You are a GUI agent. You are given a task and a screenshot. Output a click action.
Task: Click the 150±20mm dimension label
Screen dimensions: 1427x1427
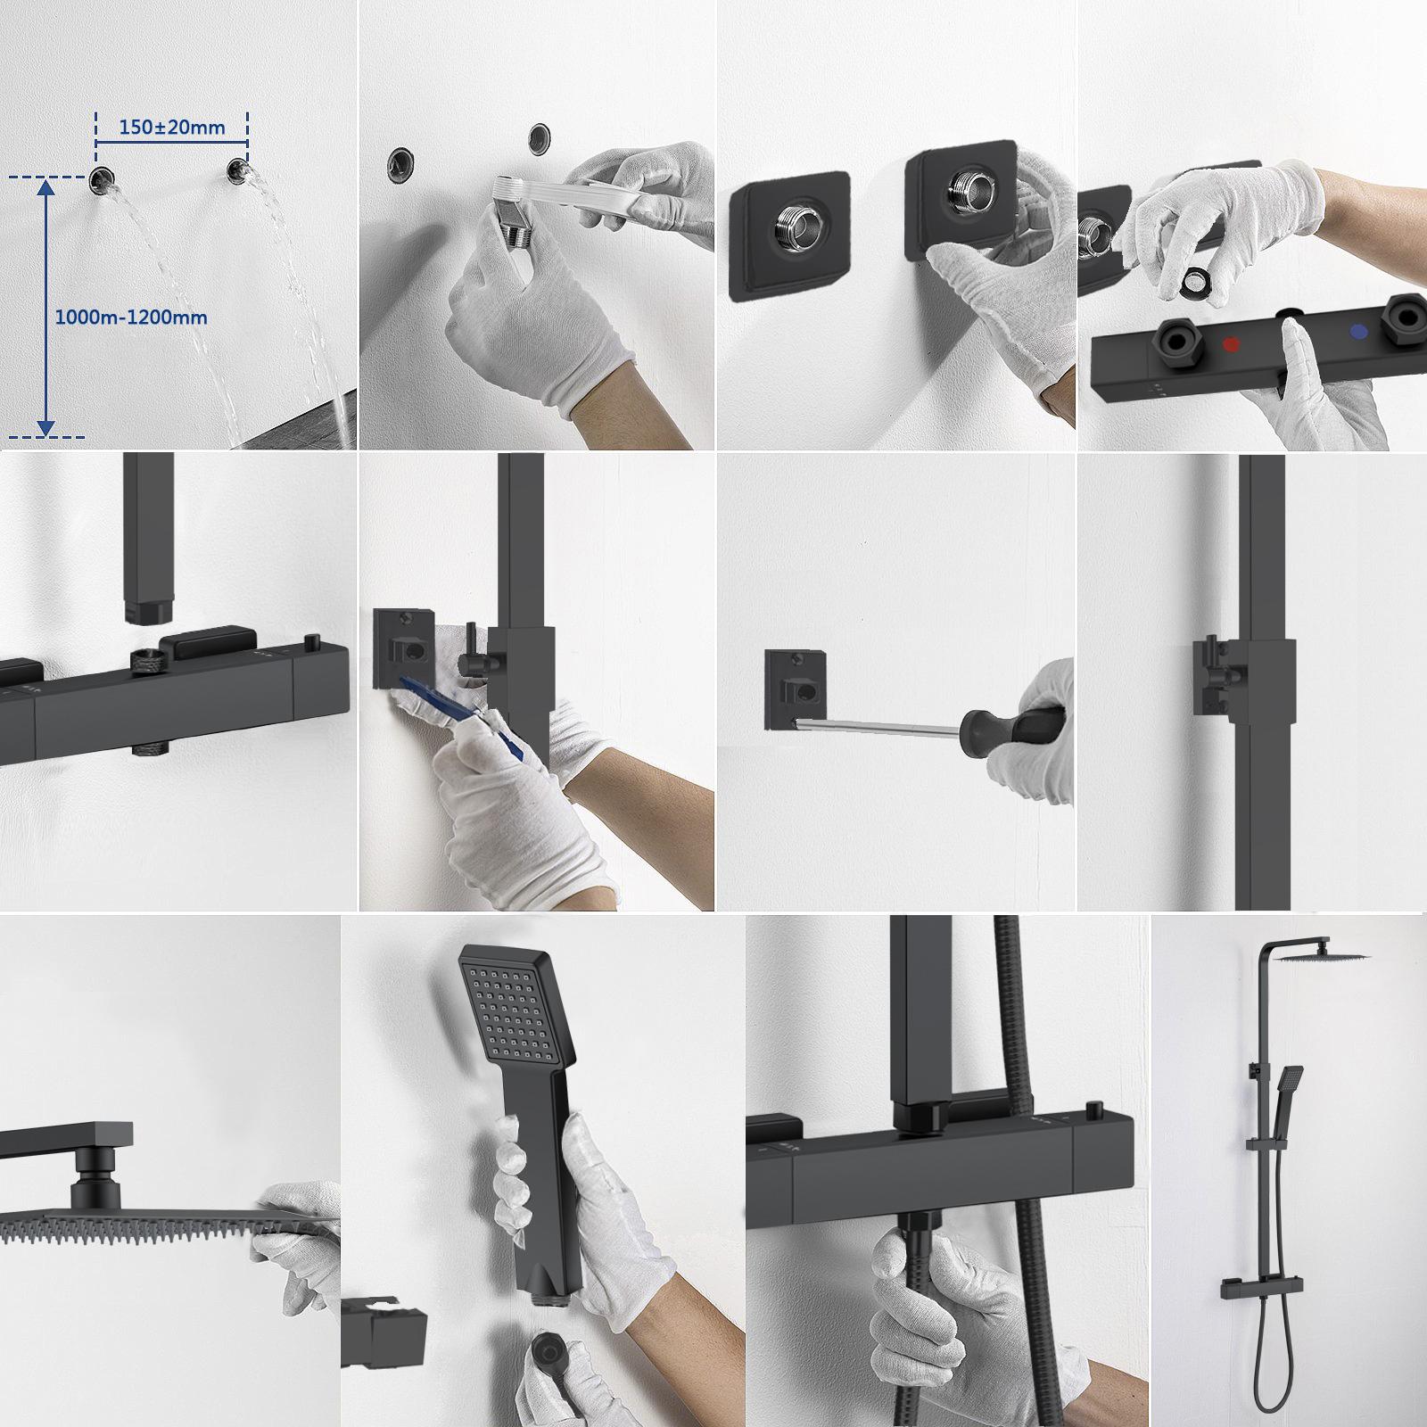pos(172,127)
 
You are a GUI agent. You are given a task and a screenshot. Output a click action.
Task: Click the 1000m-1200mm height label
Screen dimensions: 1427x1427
pos(131,317)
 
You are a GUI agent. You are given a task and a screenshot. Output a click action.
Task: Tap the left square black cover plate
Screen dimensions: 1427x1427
pos(788,236)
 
